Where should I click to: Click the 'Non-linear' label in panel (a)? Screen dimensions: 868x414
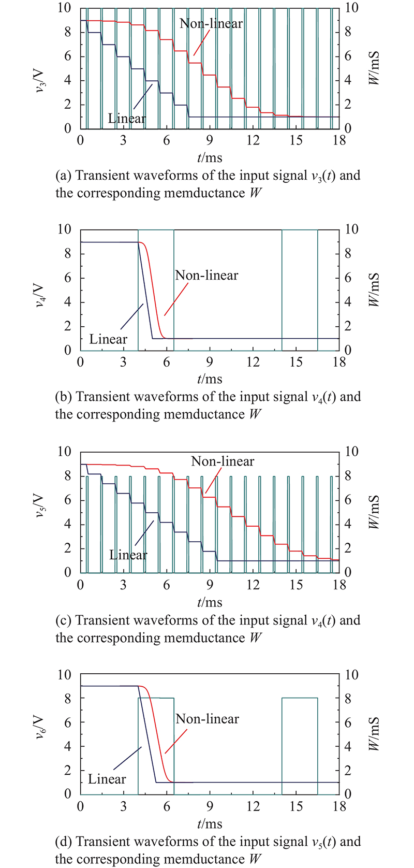pos(211,23)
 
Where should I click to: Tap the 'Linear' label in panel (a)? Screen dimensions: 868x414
pos(127,118)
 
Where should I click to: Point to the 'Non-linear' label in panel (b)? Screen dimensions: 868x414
pos(206,275)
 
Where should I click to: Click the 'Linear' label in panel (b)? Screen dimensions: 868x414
pos(108,340)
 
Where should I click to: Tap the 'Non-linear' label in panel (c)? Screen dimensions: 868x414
pos(223,461)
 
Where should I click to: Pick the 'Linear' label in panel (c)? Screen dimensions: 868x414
pos(128,555)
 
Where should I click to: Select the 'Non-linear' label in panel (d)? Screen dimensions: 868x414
pos(207,719)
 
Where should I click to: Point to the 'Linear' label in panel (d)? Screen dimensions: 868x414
pos(107,779)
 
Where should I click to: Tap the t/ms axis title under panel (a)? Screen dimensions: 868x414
pos(210,157)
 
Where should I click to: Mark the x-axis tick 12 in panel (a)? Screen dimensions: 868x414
pos(253,141)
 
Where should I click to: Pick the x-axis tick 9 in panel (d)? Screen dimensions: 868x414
pos(210,807)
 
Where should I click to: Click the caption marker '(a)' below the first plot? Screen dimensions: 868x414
pos(64,176)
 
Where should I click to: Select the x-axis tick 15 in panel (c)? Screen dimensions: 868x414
pos(296,585)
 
